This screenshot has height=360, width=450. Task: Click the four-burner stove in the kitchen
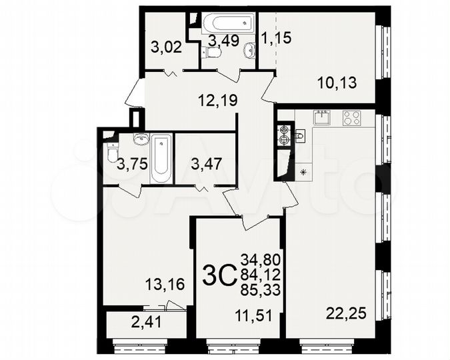[x=351, y=119]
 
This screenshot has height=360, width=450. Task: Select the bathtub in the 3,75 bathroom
[x=161, y=159]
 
